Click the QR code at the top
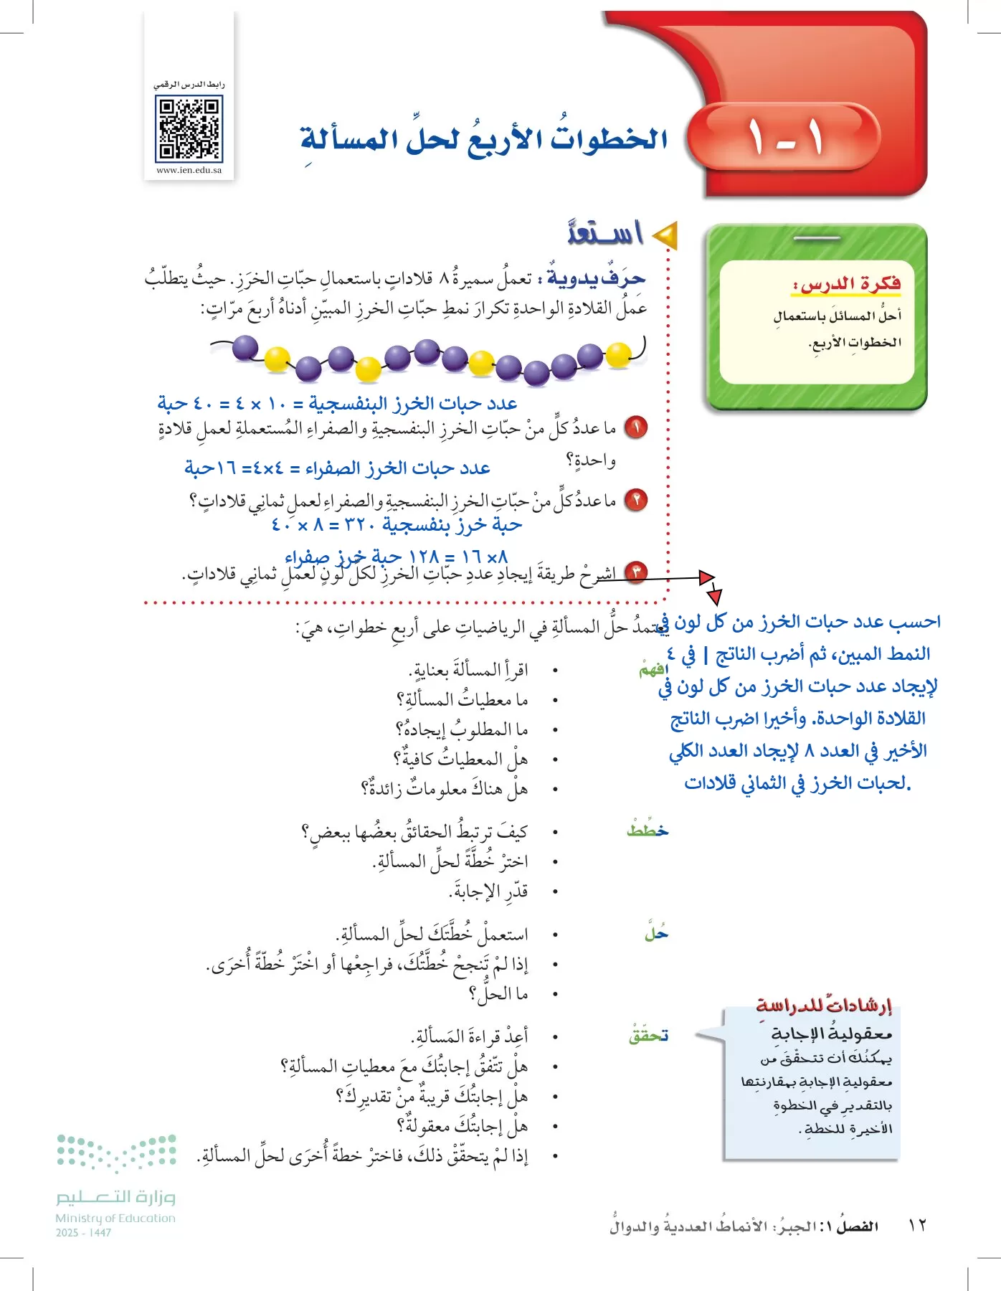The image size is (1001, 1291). [189, 129]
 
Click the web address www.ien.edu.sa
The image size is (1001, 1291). [189, 171]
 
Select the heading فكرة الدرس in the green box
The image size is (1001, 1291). [846, 284]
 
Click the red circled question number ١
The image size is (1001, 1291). [635, 427]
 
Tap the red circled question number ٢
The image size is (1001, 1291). [635, 499]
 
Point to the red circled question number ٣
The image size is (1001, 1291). [635, 572]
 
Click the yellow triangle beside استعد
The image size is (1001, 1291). [665, 235]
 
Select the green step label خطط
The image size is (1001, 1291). [647, 831]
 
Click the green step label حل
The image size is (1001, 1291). [656, 934]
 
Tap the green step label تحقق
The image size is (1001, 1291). [648, 1036]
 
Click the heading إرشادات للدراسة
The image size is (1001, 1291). [825, 1005]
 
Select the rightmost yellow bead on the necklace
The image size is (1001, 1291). [618, 354]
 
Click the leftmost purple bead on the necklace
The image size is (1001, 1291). [245, 349]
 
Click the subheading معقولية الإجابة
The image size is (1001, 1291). [831, 1034]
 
